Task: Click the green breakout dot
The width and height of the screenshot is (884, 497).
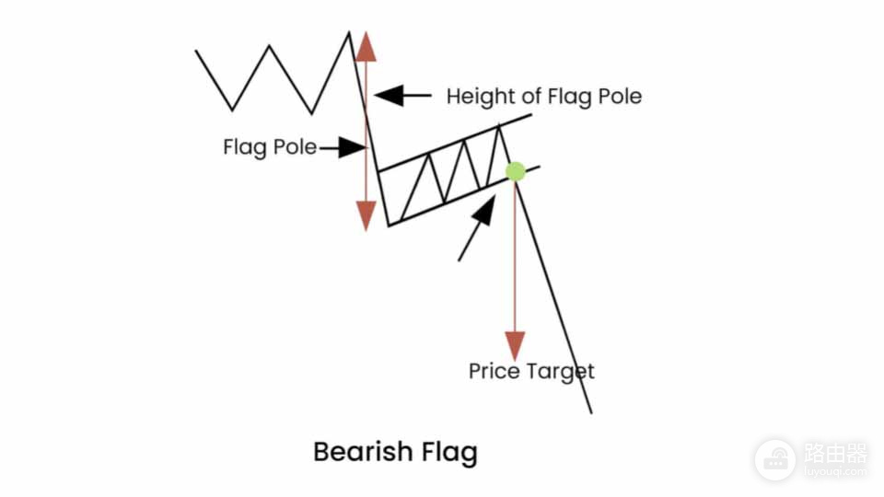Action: tap(516, 171)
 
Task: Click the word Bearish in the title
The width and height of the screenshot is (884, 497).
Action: tap(364, 452)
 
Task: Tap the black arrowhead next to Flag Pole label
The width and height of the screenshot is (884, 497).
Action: tap(352, 147)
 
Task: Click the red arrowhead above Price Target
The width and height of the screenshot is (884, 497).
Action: tap(515, 345)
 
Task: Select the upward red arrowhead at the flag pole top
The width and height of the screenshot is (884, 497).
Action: tap(366, 47)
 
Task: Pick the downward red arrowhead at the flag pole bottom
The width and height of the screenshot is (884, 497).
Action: tap(366, 215)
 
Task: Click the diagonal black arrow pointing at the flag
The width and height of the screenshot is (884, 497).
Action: tap(477, 228)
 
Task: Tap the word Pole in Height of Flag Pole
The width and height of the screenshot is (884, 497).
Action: tap(620, 97)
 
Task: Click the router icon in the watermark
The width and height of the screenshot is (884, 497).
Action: tap(775, 460)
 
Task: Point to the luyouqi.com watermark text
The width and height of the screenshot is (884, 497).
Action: tap(835, 471)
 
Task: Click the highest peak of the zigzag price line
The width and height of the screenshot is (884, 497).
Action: tap(349, 32)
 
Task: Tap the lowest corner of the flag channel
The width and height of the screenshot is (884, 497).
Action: tap(389, 225)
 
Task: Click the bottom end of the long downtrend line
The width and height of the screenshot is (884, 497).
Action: tap(591, 413)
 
